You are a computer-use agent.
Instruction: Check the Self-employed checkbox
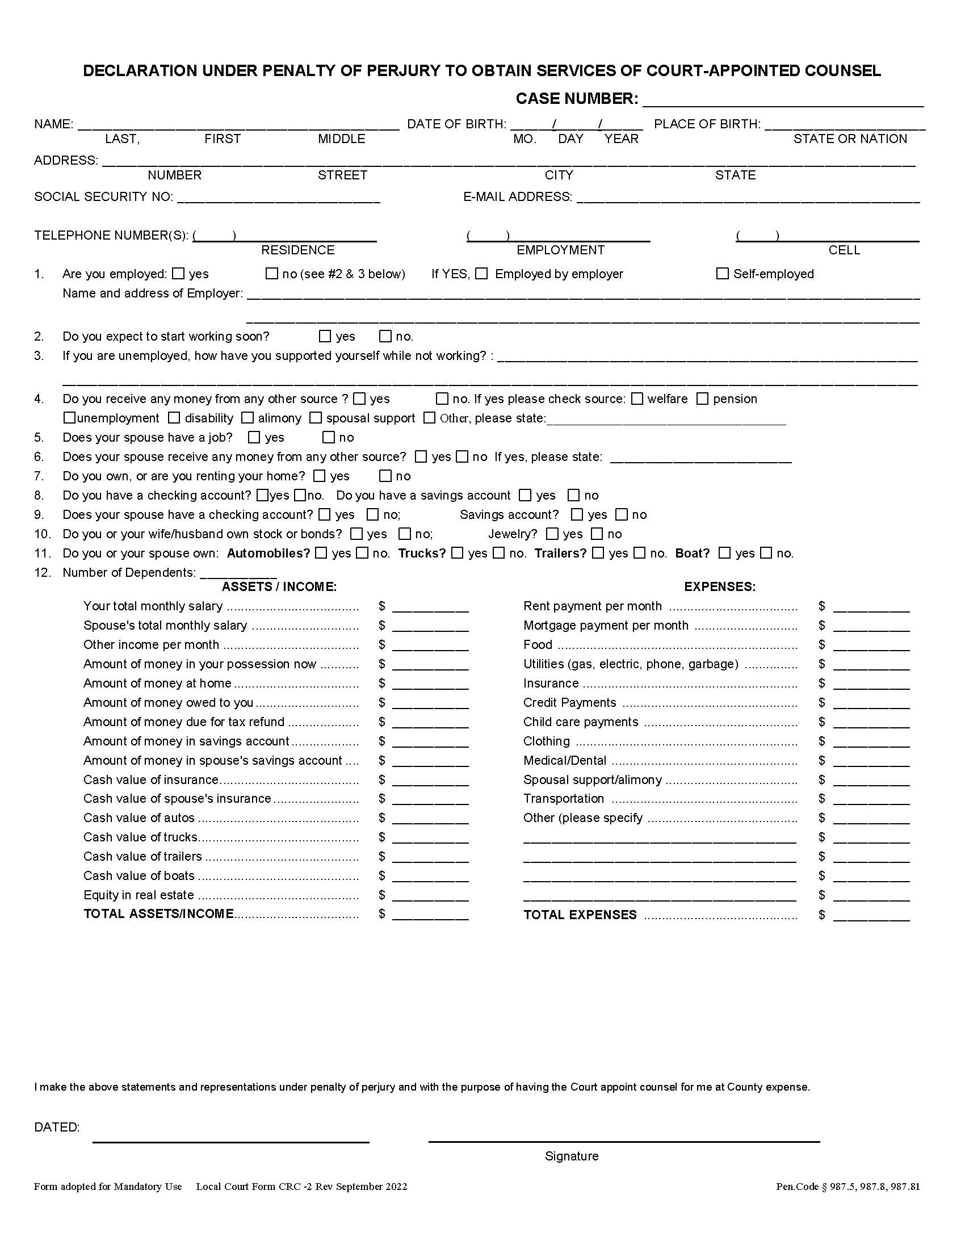click(723, 274)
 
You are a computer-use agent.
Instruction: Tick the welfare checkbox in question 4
click(637, 399)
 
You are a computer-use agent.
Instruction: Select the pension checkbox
click(703, 399)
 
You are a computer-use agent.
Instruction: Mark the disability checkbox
click(174, 418)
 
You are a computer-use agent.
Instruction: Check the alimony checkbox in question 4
click(247, 418)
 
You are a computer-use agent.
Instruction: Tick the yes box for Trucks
click(458, 553)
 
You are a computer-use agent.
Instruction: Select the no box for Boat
click(767, 553)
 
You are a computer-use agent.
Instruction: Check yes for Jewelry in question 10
click(552, 534)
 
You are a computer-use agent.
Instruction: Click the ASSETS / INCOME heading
click(279, 587)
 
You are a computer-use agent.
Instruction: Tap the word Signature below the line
click(572, 1156)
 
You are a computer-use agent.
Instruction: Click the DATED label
click(57, 1127)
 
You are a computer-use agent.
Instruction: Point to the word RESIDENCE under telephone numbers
click(298, 250)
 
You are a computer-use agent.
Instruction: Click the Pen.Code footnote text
click(848, 1187)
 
